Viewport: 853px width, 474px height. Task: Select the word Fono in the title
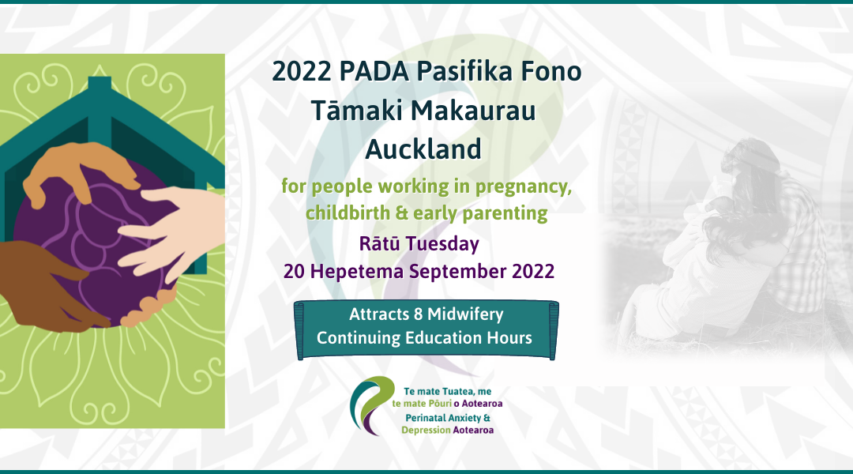pyautogui.click(x=552, y=72)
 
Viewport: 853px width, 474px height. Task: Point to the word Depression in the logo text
pyautogui.click(x=426, y=431)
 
